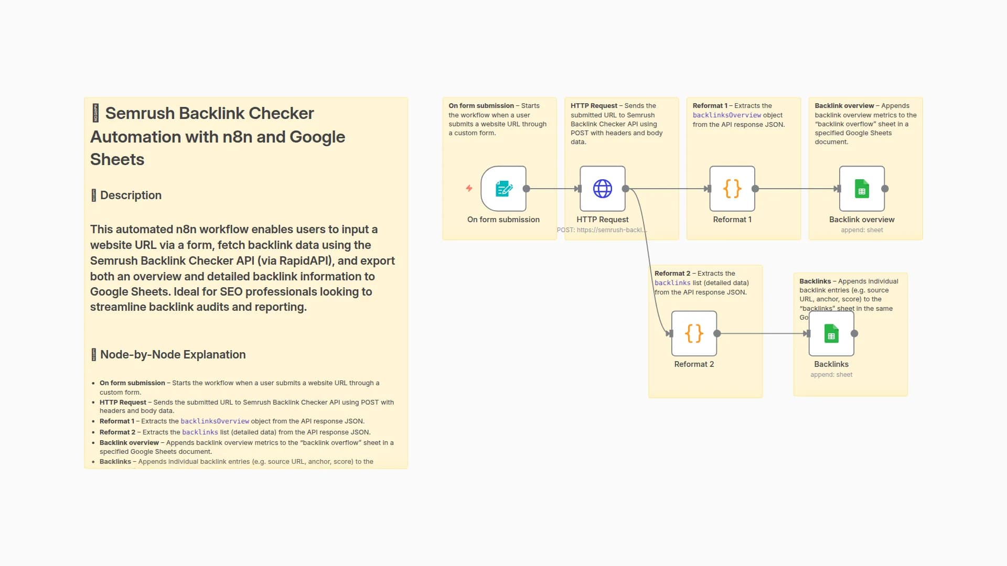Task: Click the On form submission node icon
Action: [504, 189]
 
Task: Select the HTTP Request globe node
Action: [602, 189]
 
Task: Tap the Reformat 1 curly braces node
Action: [732, 189]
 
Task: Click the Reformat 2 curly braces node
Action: [694, 333]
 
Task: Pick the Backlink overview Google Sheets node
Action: [862, 189]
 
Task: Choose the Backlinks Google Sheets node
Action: [831, 333]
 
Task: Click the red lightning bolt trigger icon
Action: [469, 188]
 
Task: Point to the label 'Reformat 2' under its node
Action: [694, 364]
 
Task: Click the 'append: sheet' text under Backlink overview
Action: [862, 230]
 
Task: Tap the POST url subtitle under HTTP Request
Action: [602, 230]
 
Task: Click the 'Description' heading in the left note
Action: [131, 195]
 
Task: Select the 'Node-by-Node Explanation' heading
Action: [173, 355]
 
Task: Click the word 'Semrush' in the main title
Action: [138, 114]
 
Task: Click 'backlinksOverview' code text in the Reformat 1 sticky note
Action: [726, 115]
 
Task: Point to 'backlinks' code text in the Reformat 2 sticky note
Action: [672, 283]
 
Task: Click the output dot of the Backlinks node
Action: [854, 333]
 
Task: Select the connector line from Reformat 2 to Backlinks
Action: [760, 333]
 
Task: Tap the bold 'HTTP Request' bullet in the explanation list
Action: [123, 402]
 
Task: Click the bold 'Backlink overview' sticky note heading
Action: [844, 106]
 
